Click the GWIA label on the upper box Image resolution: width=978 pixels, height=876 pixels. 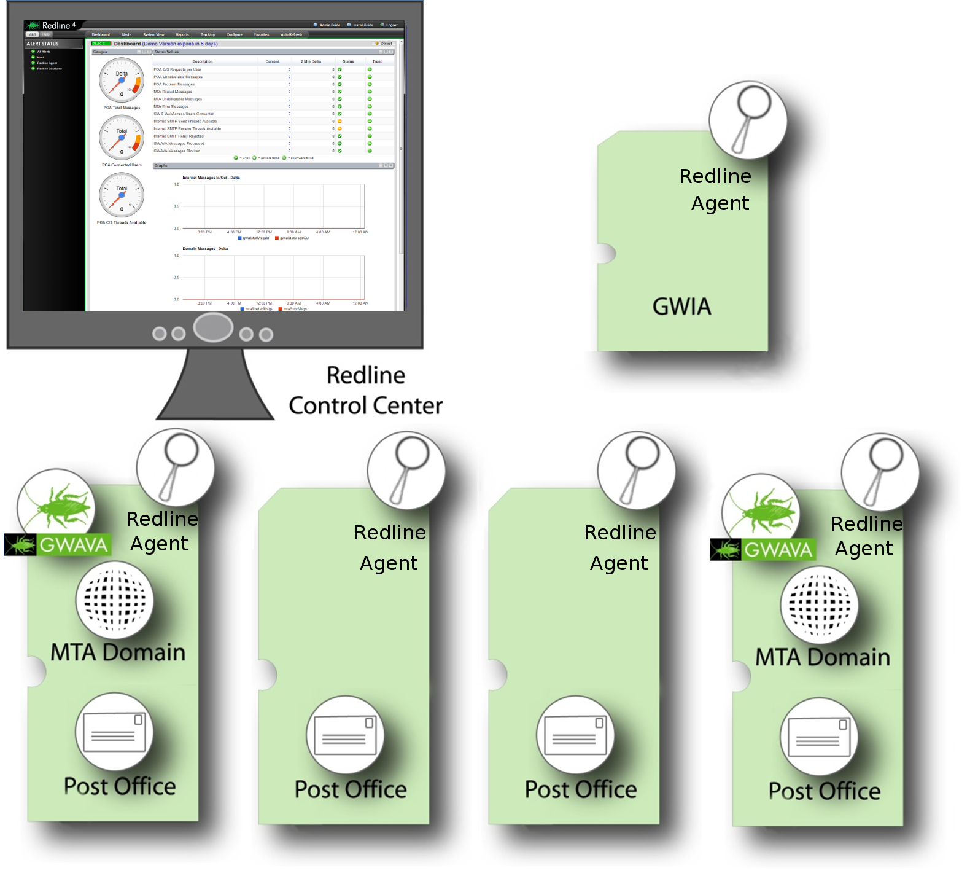(x=681, y=306)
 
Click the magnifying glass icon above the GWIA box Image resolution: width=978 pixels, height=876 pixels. (x=748, y=120)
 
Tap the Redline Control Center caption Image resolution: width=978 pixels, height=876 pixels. (x=366, y=391)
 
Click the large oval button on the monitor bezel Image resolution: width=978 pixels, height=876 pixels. (x=213, y=327)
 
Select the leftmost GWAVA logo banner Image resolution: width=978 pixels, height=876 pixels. (x=58, y=544)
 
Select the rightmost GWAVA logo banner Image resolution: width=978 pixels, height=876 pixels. (x=763, y=549)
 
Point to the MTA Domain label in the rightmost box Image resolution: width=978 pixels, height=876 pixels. (x=822, y=657)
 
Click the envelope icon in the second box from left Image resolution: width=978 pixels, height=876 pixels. (x=345, y=735)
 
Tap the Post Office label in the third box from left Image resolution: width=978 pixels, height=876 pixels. (x=581, y=789)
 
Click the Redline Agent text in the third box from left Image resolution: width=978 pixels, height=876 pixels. (x=619, y=548)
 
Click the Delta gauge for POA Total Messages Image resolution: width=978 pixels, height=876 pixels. (x=122, y=80)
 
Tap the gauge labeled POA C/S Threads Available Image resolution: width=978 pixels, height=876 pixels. (x=122, y=195)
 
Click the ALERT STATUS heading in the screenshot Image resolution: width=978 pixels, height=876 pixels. (x=43, y=44)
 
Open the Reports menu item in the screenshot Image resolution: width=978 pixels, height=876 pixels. (x=182, y=35)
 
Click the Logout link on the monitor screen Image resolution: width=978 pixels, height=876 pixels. (x=391, y=25)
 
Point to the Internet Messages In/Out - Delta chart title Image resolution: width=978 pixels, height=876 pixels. (x=211, y=178)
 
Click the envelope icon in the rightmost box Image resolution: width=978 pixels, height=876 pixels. (x=819, y=736)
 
